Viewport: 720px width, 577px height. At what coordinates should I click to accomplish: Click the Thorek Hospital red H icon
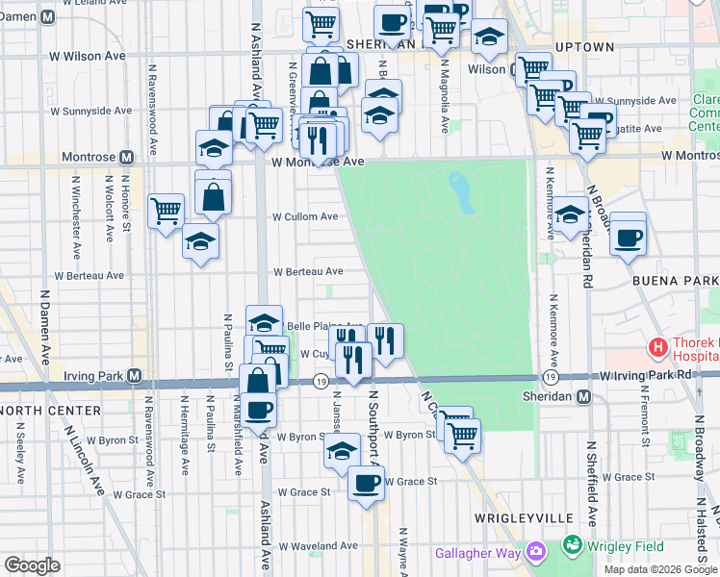658,346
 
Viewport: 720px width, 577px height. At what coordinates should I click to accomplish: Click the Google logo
32,565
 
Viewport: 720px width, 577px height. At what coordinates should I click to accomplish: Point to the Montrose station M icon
126,157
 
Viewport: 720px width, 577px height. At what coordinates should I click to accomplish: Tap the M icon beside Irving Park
135,375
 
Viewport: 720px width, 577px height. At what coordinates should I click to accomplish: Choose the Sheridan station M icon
583,396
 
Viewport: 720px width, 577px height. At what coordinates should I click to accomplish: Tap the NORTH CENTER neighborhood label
50,411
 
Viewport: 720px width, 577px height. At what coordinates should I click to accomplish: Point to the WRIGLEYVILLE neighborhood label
516,518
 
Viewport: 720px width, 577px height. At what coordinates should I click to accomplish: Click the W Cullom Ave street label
305,217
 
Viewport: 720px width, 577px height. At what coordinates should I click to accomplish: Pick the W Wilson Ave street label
95,56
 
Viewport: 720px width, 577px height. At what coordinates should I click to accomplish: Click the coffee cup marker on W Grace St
366,483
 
